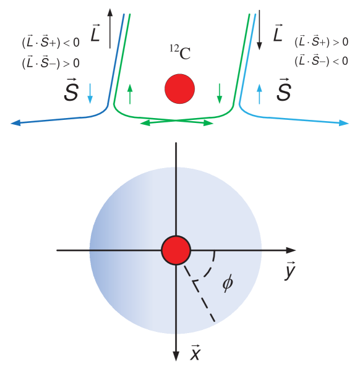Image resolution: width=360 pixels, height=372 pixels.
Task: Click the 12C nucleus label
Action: point(180,53)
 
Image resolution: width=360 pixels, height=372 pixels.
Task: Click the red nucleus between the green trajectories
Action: point(179,89)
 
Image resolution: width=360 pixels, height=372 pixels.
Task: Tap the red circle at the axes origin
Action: point(176,250)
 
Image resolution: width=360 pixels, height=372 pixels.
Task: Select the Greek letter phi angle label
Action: point(228,284)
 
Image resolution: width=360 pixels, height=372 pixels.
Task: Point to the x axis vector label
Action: point(195,353)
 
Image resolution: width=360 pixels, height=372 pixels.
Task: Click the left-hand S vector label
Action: point(72,93)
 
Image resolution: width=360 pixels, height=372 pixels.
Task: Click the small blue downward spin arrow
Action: point(90,93)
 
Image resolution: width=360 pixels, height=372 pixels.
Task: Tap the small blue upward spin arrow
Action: point(259,93)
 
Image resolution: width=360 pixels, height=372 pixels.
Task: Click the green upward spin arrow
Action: point(130,93)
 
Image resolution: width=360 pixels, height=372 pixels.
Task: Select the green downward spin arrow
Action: point(220,93)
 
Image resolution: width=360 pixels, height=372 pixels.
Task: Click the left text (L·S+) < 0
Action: point(51,43)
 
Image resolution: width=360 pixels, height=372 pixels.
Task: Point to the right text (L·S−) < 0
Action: point(321,60)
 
